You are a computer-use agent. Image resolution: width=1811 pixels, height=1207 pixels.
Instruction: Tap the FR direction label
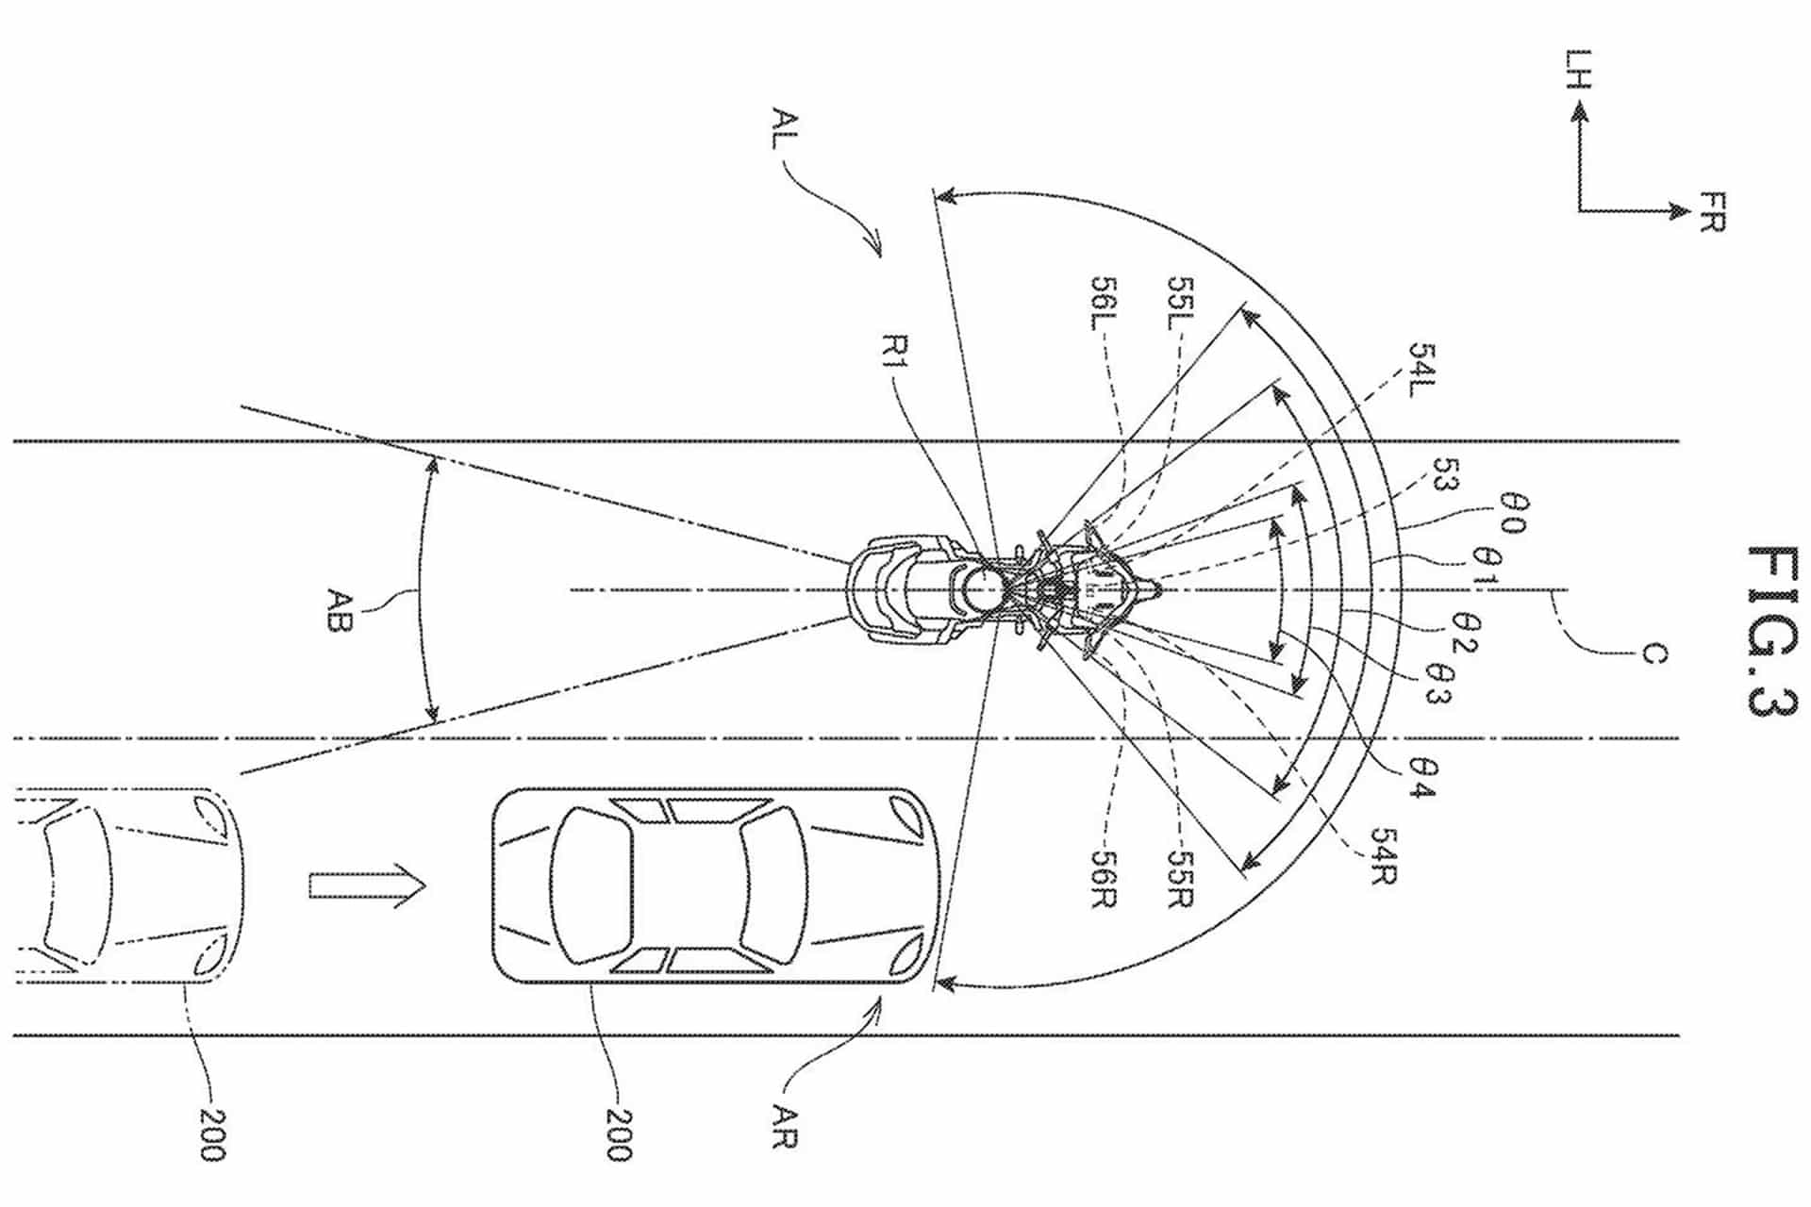click(x=1711, y=211)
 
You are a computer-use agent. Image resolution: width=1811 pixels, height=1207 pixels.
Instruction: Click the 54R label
click(x=1383, y=856)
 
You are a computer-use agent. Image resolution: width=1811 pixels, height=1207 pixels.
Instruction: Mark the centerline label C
click(x=1653, y=653)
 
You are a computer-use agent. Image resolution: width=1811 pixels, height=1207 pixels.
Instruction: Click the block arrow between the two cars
click(x=367, y=886)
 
